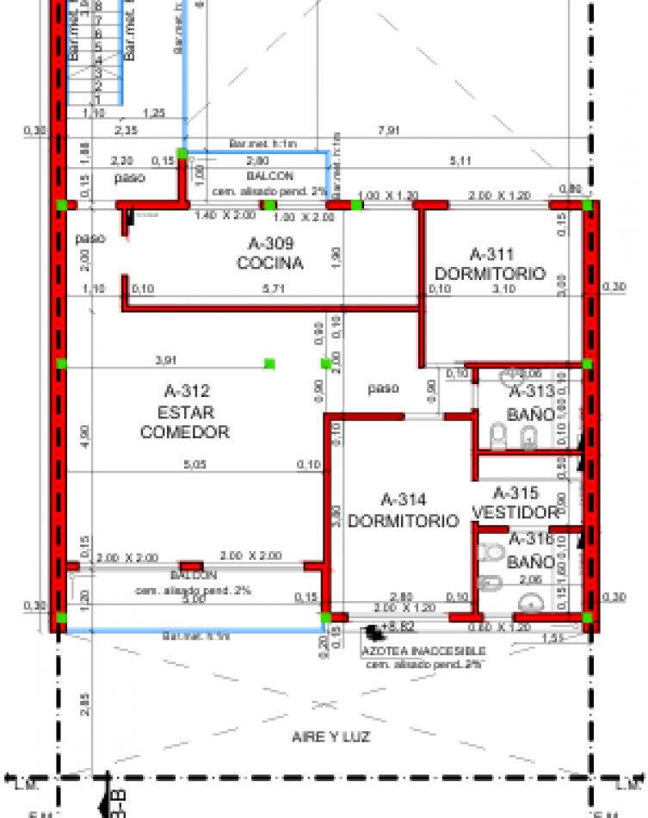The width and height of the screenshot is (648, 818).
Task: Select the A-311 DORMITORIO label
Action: click(x=491, y=264)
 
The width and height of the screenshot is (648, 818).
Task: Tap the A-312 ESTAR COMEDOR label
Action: click(x=185, y=412)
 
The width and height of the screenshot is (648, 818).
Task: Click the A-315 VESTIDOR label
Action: click(x=516, y=503)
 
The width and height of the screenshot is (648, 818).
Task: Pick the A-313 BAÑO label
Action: click(x=530, y=404)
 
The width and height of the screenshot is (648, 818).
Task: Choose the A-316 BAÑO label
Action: click(x=531, y=550)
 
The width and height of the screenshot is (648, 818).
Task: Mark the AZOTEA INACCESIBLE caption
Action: click(x=423, y=651)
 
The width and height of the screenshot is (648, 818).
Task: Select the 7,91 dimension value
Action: click(x=389, y=130)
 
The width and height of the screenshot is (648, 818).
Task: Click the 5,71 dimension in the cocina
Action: click(x=274, y=289)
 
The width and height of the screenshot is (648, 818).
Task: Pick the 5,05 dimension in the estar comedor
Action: click(x=197, y=466)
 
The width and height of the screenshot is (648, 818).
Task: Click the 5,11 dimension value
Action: click(x=461, y=160)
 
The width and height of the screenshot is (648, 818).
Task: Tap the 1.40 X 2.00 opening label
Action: click(x=224, y=214)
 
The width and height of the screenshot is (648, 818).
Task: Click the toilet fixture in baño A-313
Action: click(x=498, y=436)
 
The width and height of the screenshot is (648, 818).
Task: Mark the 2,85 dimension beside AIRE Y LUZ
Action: click(x=84, y=703)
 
